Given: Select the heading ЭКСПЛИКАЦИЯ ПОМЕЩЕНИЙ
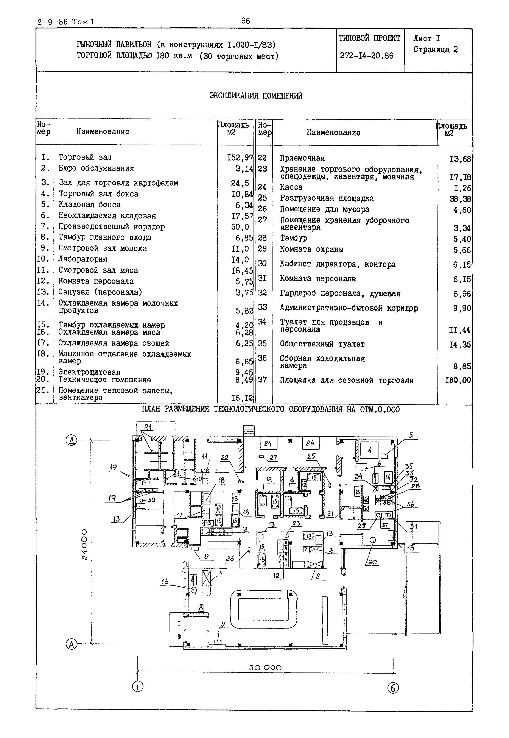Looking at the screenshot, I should pos(255,96).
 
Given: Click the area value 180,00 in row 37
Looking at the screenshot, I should pos(458,380).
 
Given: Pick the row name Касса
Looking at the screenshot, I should pos(291,187).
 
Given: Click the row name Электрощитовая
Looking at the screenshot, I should pos(90,372).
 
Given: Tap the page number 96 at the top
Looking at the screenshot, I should pos(246,21).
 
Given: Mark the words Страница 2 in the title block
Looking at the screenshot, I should pos(435,50).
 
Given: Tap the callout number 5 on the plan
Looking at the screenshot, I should pos(411,435).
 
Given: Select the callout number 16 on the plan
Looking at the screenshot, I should pos(165,582).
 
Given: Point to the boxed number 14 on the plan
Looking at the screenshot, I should pos(388,478).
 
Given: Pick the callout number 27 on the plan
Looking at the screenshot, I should pos(273,458).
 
